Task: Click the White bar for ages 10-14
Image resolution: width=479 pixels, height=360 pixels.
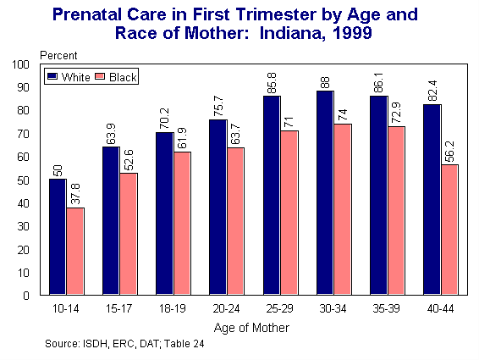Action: [57, 237]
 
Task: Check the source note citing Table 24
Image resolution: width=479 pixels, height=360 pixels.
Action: [124, 344]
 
